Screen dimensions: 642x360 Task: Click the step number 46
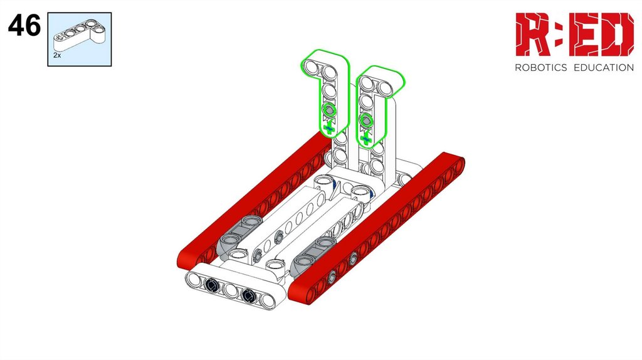coord(24,25)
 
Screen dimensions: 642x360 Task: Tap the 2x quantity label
coord(57,55)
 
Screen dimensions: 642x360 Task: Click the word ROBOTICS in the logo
coord(540,68)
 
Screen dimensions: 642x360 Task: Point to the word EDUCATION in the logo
coord(604,68)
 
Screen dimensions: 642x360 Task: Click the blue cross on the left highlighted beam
coord(329,129)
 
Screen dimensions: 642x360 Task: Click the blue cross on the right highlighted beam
coord(366,140)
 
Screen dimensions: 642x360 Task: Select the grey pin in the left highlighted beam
coord(329,110)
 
